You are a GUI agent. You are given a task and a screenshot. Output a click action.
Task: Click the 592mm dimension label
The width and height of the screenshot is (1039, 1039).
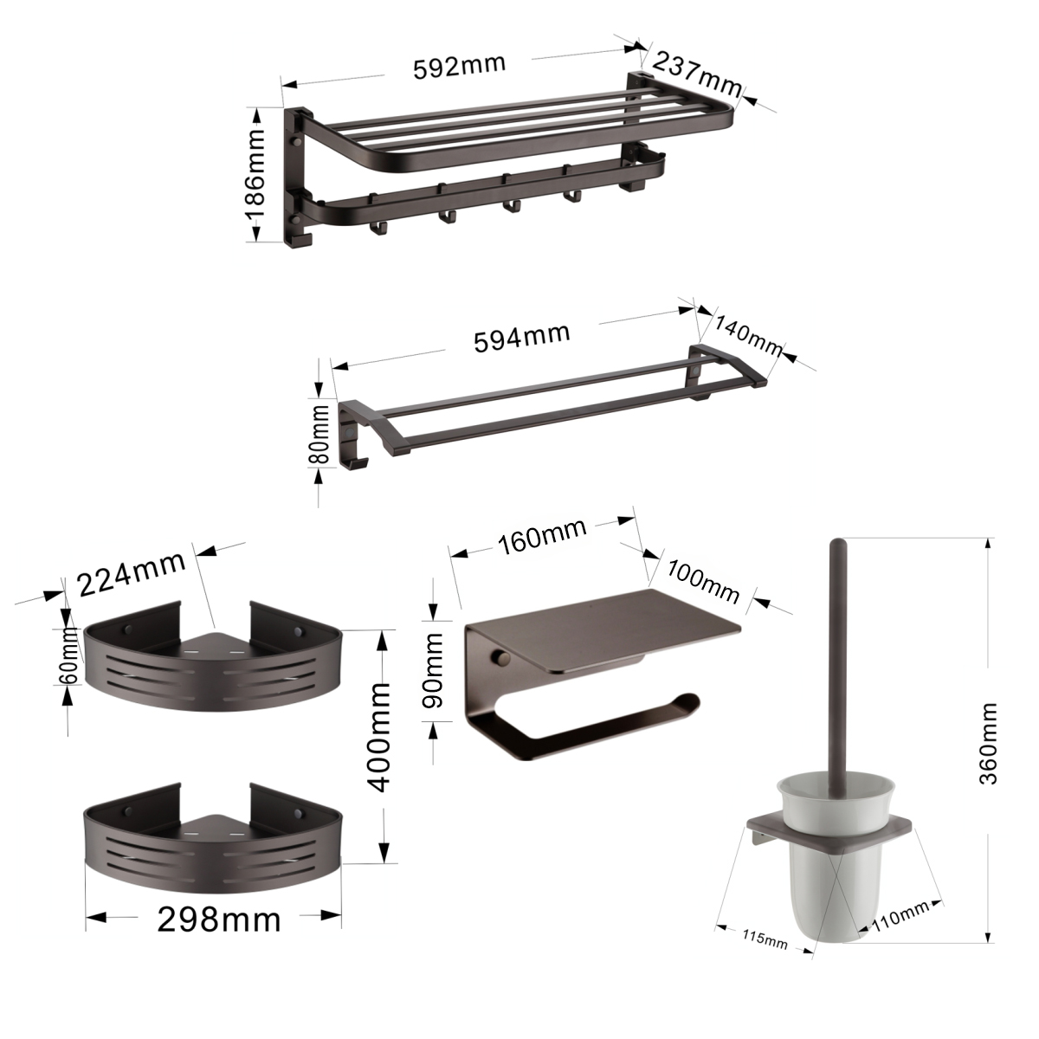pyautogui.click(x=460, y=67)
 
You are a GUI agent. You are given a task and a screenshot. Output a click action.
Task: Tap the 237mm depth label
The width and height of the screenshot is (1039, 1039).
pyautogui.click(x=697, y=74)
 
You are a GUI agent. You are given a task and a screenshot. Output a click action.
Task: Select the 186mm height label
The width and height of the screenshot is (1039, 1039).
pyautogui.click(x=255, y=175)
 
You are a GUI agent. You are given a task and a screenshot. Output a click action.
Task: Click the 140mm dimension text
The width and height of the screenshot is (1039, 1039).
pyautogui.click(x=748, y=335)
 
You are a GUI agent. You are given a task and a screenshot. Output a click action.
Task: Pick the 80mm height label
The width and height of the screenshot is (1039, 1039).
pyautogui.click(x=320, y=435)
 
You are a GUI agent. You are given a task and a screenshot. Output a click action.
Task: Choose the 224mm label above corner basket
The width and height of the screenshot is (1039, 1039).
pyautogui.click(x=132, y=574)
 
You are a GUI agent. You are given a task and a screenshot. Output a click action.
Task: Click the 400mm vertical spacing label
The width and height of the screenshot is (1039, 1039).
pyautogui.click(x=381, y=737)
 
